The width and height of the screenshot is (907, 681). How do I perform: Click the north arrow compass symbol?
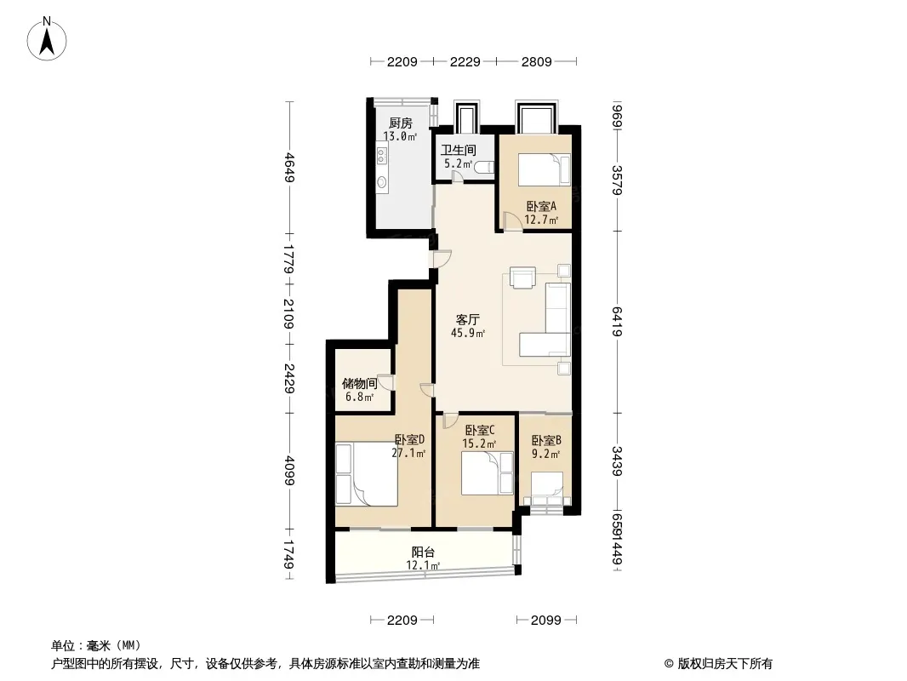[47, 38]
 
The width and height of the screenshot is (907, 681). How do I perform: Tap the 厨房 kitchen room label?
[400, 123]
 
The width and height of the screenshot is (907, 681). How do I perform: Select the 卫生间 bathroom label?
[458, 150]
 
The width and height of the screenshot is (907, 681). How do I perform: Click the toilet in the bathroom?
[484, 167]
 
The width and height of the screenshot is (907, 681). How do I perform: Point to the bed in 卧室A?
[544, 169]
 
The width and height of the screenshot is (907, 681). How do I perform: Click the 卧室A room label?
[541, 206]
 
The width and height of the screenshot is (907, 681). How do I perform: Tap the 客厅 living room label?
[467, 319]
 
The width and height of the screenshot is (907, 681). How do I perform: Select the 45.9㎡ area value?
[467, 334]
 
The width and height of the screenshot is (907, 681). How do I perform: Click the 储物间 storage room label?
[359, 383]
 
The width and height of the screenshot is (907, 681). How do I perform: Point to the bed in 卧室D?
[366, 474]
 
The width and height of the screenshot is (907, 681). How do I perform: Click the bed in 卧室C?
[487, 472]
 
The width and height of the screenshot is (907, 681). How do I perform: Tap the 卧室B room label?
[546, 440]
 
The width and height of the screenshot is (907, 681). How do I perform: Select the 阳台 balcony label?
[423, 552]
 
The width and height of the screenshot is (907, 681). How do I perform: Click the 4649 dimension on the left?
[290, 167]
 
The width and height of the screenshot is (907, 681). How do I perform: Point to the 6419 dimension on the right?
[617, 322]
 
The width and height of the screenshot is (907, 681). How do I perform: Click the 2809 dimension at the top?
[536, 61]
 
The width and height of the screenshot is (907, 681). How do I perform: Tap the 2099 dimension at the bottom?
[545, 621]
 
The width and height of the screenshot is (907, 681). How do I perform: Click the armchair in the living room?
[523, 278]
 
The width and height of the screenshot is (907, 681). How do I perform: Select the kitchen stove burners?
[382, 154]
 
